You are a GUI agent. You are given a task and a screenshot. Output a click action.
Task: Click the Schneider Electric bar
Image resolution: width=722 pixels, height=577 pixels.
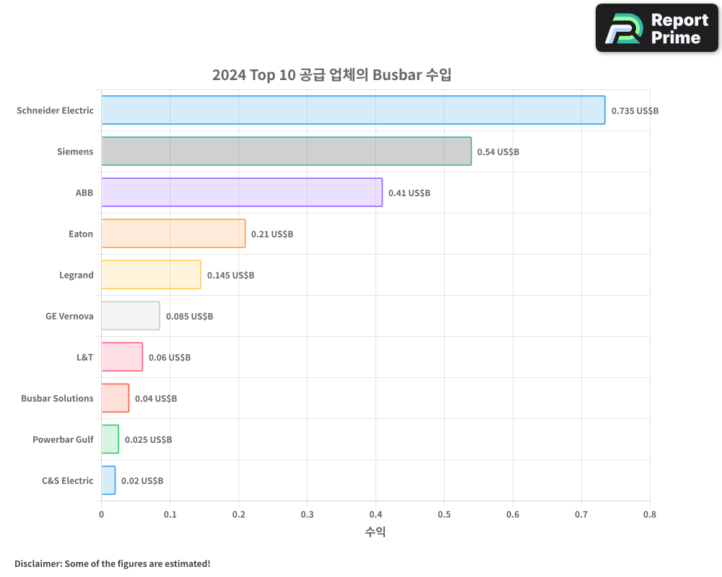tap(353, 110)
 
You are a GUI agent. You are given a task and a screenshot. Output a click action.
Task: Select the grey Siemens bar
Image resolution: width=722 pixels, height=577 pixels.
tap(286, 151)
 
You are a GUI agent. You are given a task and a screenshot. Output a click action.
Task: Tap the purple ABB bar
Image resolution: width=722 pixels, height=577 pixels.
tap(242, 193)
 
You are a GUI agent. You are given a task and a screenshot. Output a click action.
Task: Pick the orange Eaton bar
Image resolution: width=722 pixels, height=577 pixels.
tap(173, 234)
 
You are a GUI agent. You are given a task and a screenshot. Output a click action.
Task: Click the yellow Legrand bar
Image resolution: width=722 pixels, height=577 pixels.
tap(151, 275)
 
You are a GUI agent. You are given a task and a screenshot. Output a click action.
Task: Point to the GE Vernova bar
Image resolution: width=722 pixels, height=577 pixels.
tap(130, 316)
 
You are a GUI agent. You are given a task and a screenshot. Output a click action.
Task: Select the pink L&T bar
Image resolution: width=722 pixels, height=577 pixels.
tap(121, 357)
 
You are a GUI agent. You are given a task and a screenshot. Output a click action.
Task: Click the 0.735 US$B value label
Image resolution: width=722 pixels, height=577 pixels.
tap(635, 111)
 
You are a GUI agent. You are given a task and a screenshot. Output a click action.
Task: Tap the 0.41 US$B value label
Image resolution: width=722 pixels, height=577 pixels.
tap(409, 193)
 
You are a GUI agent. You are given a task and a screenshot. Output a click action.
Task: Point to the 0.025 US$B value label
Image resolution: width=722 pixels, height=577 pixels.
tap(148, 440)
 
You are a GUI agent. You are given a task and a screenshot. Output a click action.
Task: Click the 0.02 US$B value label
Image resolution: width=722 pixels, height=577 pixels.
tap(142, 481)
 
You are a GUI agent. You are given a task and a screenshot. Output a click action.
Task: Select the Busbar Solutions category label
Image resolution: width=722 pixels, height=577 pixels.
tap(57, 398)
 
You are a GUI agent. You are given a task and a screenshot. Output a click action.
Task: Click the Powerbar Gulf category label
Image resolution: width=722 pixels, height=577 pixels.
tap(63, 439)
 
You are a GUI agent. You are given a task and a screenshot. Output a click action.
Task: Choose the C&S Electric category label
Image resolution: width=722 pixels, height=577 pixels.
tap(67, 480)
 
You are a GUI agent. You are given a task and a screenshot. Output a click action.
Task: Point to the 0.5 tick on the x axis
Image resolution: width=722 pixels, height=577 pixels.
tap(444, 514)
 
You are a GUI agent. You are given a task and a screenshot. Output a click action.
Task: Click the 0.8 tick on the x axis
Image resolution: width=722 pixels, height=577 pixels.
tap(650, 514)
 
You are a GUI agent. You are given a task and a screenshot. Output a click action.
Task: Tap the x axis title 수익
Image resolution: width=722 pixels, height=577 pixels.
tap(375, 532)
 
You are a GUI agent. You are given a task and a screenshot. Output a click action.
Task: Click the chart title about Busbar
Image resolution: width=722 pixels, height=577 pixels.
tap(331, 75)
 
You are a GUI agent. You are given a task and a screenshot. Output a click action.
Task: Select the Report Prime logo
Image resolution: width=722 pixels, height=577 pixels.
tap(657, 28)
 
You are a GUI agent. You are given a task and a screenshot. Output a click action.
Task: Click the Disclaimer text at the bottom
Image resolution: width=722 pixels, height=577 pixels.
tap(113, 563)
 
